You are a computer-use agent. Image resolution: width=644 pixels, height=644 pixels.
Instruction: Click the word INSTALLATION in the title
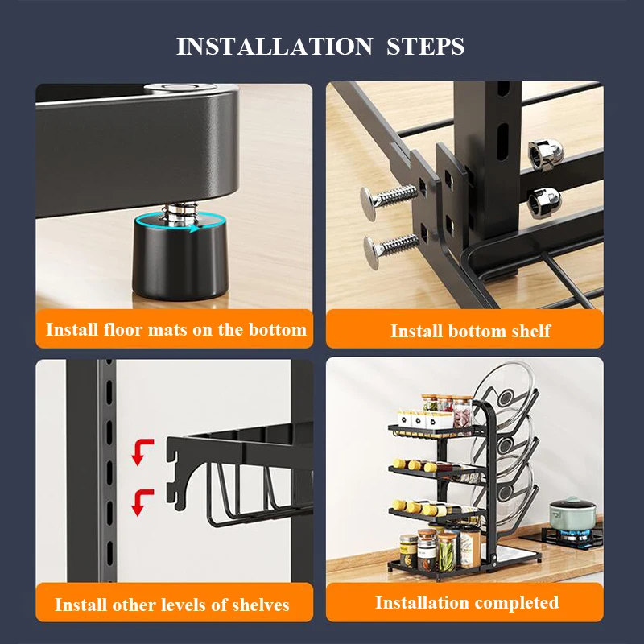coord(275,46)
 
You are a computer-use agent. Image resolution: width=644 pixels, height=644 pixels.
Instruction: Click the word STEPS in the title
coord(426,46)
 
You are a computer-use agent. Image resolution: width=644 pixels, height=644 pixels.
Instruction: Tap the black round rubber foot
coord(180,258)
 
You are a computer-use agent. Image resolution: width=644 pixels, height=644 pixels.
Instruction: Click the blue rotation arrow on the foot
coord(169,225)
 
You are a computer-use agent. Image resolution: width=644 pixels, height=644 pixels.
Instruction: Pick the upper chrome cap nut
coord(546,154)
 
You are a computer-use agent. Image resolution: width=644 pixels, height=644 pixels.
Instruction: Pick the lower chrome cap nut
coord(543,203)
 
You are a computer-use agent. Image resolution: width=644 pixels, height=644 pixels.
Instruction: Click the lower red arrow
coord(142,502)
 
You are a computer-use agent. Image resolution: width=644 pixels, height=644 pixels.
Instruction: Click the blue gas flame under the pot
coord(572,535)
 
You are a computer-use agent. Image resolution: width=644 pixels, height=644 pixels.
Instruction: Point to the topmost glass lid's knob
coord(506,397)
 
